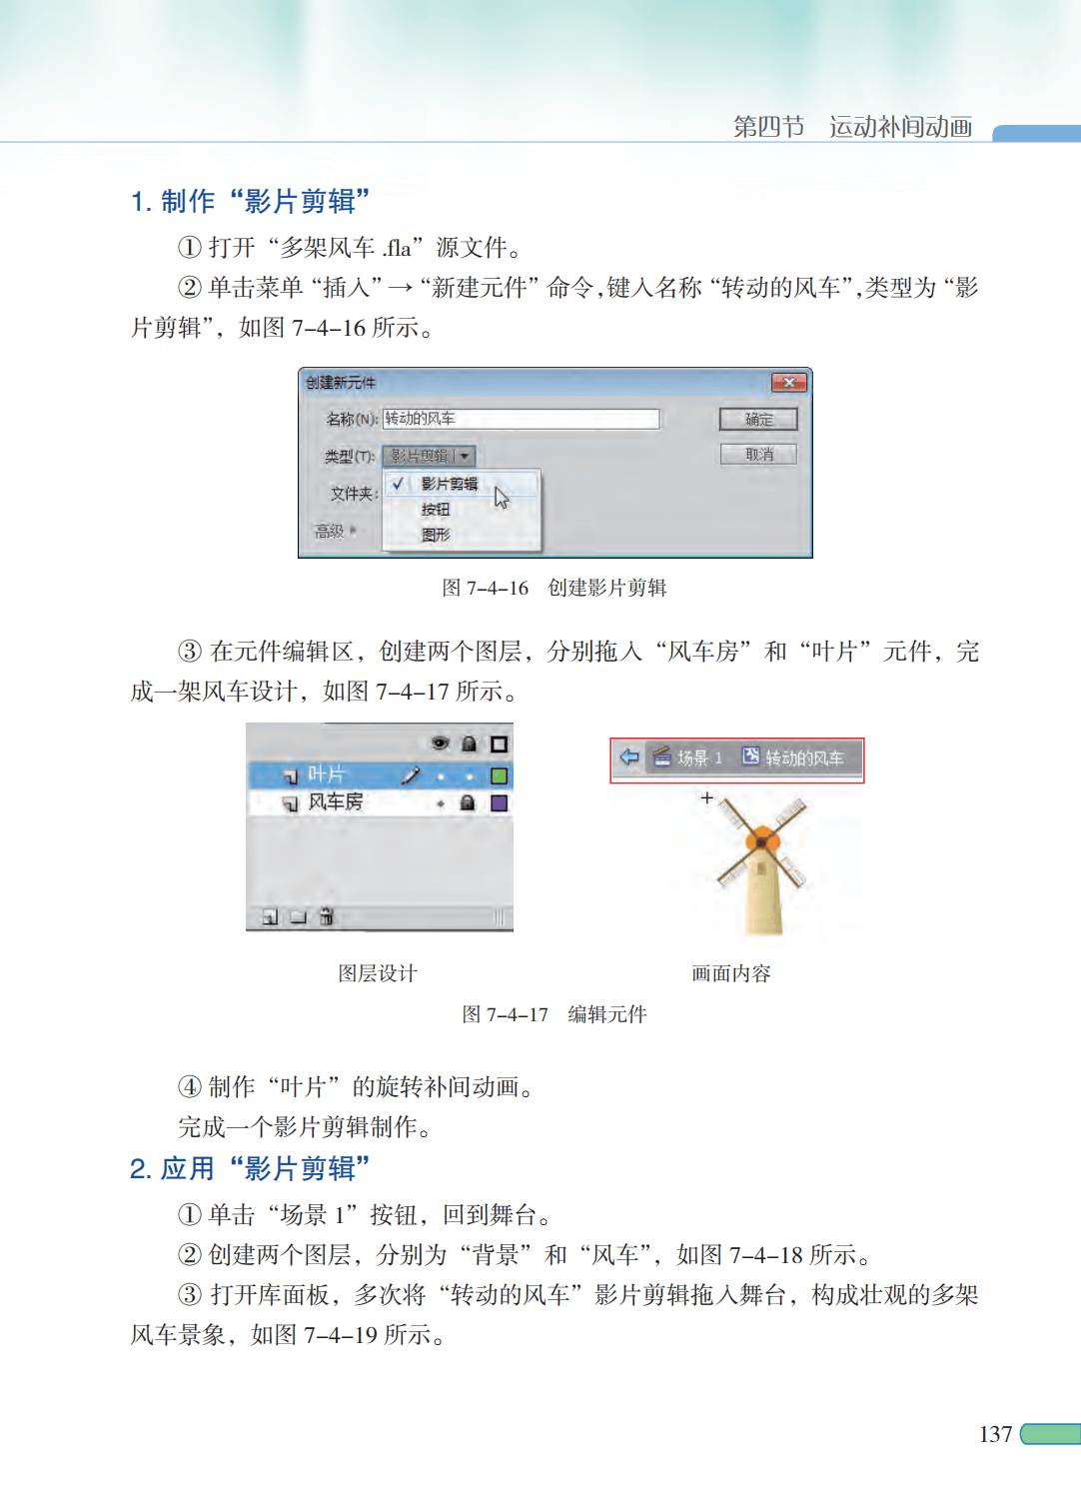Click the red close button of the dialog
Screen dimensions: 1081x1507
[788, 383]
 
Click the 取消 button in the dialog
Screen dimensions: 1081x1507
[758, 455]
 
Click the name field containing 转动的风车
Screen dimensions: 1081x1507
[521, 419]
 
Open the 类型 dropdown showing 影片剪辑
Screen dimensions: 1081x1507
[429, 456]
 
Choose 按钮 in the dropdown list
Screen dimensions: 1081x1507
[436, 510]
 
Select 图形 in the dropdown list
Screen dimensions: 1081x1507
[436, 535]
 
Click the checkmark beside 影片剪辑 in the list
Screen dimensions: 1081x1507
[398, 484]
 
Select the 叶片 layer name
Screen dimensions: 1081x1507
[326, 775]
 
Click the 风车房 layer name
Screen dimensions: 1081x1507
[335, 801]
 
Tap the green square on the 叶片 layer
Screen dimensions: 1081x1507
[500, 775]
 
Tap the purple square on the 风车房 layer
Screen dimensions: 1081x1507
[500, 802]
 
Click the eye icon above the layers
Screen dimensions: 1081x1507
[440, 744]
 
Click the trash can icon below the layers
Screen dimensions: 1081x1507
[327, 915]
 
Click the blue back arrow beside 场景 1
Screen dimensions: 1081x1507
[629, 756]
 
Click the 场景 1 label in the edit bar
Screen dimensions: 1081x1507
[699, 758]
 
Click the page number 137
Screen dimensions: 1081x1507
[995, 1434]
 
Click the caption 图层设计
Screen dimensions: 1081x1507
[378, 973]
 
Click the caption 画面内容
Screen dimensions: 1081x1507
[731, 973]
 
